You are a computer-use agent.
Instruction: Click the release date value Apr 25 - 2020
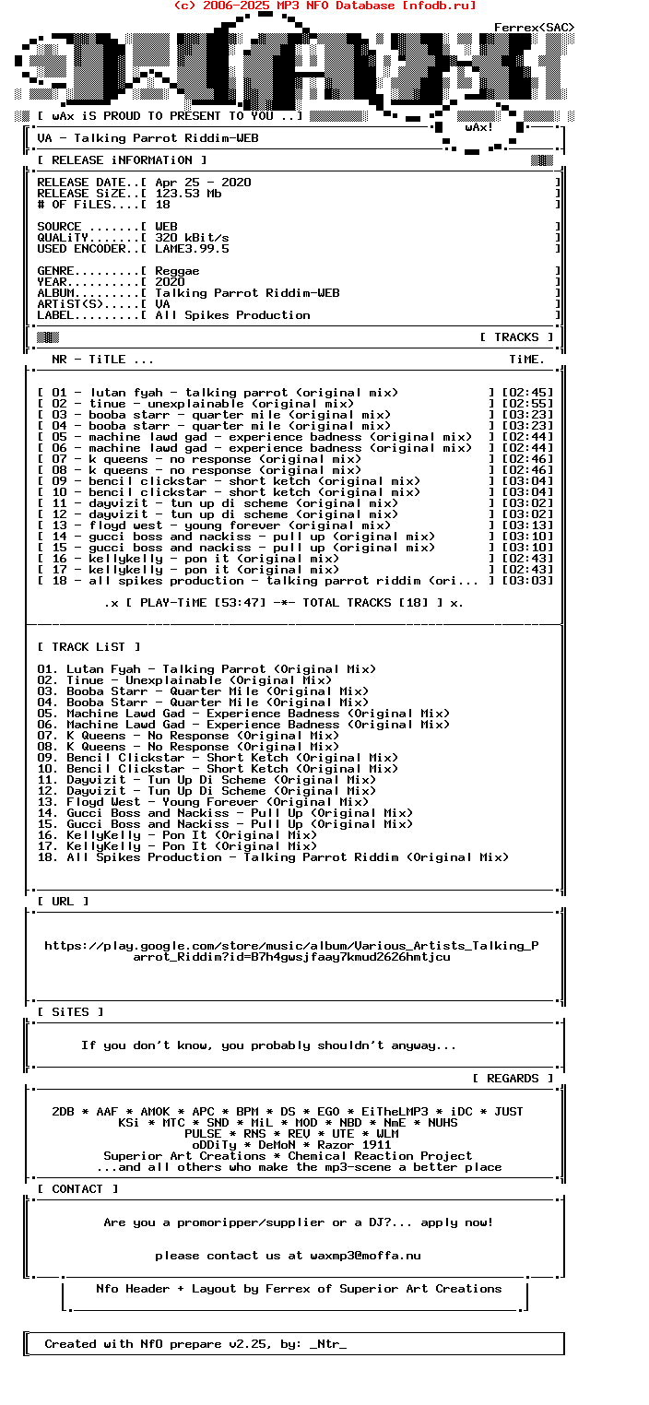click(203, 183)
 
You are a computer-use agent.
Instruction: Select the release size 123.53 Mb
click(188, 194)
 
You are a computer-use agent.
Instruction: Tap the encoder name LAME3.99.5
click(192, 249)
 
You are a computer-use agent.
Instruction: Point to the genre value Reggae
click(177, 271)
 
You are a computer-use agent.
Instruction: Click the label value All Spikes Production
click(232, 315)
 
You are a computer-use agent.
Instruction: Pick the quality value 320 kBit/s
click(192, 238)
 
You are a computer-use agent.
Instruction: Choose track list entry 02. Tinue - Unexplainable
click(184, 680)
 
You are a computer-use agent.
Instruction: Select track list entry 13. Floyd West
click(203, 802)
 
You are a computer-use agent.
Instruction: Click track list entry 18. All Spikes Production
click(273, 857)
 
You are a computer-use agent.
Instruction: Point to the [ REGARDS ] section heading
click(513, 1079)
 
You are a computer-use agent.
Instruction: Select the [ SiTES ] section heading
click(70, 1012)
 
